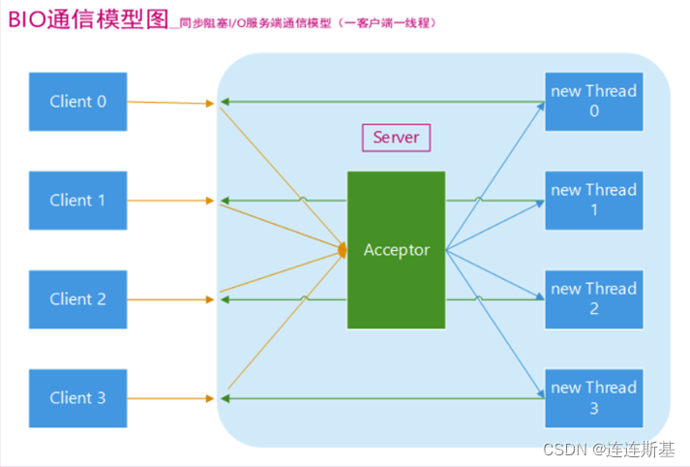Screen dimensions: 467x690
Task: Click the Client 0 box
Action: (78, 102)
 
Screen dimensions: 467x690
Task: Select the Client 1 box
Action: (78, 201)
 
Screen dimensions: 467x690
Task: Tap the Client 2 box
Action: (78, 299)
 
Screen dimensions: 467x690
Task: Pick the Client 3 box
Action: (78, 398)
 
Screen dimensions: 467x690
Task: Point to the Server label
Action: (396, 138)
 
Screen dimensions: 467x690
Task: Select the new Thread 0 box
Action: (593, 101)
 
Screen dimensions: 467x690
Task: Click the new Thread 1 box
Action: (593, 200)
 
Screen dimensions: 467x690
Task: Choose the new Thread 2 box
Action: (593, 298)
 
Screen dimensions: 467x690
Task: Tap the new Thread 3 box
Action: (593, 397)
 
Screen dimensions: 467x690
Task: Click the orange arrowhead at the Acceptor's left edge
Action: (343, 251)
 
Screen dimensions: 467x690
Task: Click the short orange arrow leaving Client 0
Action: (169, 102)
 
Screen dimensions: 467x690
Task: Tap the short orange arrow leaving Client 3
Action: (169, 398)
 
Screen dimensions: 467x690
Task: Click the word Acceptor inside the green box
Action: (396, 250)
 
